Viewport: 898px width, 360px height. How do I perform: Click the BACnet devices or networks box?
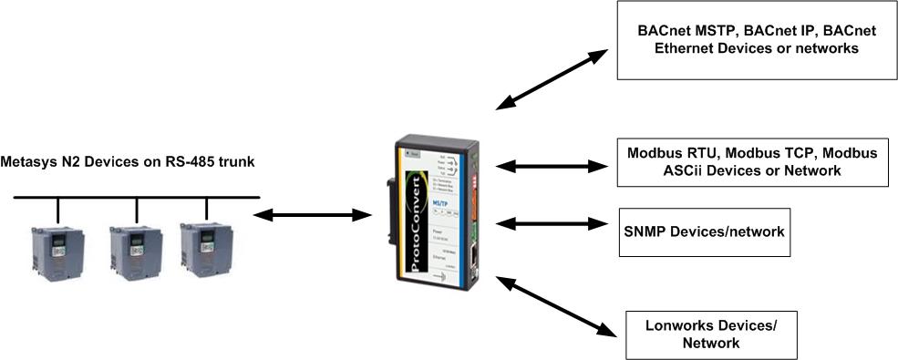point(756,40)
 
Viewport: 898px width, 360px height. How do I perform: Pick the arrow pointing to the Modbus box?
point(552,166)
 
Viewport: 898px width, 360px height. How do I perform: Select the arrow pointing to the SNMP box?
point(552,223)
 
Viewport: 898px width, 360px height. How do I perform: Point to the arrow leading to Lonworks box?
point(553,306)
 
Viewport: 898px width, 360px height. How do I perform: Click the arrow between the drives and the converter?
point(310,215)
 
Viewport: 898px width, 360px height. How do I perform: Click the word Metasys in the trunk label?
point(28,162)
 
